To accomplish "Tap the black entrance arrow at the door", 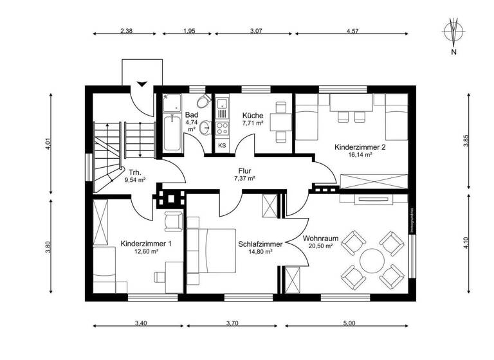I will coord(142,83).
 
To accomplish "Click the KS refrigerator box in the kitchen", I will coord(223,145).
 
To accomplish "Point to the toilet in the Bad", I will coord(203,103).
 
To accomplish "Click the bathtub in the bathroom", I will coord(172,133).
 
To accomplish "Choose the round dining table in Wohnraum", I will coord(372,261).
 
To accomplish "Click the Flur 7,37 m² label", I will coord(244,174).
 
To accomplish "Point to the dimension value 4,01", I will coord(47,145).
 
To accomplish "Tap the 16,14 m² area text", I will coord(360,155).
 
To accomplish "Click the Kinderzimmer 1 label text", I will coord(146,244).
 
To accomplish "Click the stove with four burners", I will coord(223,126).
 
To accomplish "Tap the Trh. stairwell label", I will coord(134,172).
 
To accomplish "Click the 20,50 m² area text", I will coord(320,246).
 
